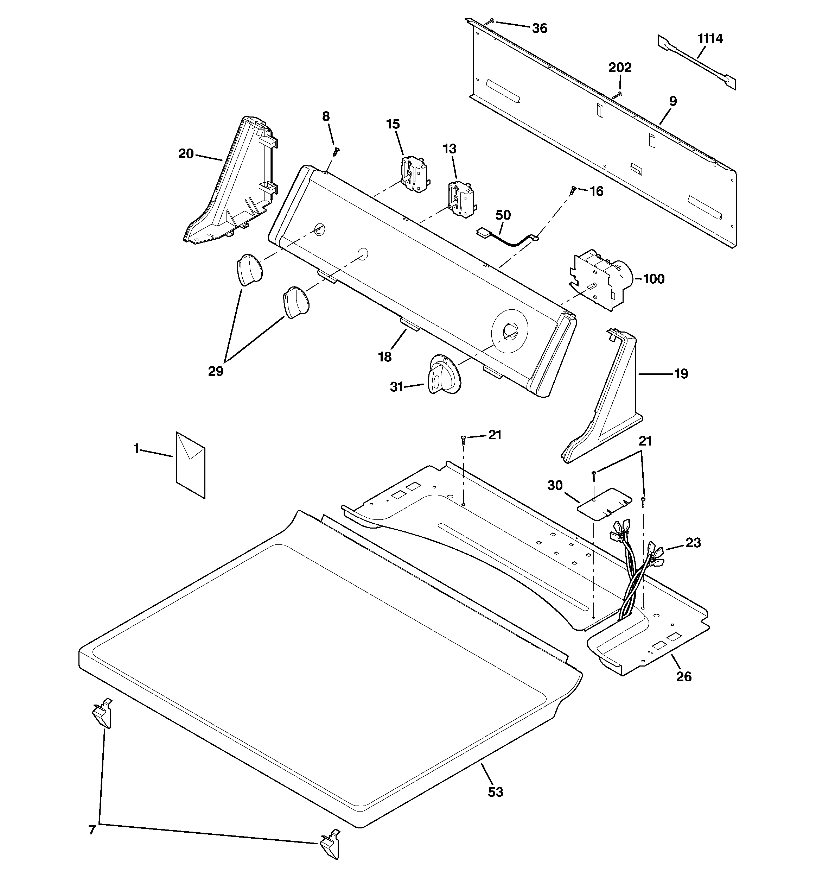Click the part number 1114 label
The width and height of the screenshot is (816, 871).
pyautogui.click(x=710, y=39)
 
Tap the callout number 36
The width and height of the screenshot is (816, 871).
pyautogui.click(x=540, y=29)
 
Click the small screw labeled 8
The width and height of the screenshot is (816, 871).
pyautogui.click(x=336, y=151)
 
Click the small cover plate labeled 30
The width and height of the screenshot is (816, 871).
pyautogui.click(x=605, y=504)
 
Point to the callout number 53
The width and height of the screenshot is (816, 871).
pyautogui.click(x=495, y=792)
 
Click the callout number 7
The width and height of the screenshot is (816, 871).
pyautogui.click(x=92, y=830)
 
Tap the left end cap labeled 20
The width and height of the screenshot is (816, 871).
pyautogui.click(x=230, y=180)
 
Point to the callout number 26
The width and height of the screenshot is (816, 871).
pyautogui.click(x=684, y=677)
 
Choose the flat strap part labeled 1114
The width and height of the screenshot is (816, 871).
pyautogui.click(x=696, y=63)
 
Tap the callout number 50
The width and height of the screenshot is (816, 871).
pyautogui.click(x=503, y=215)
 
